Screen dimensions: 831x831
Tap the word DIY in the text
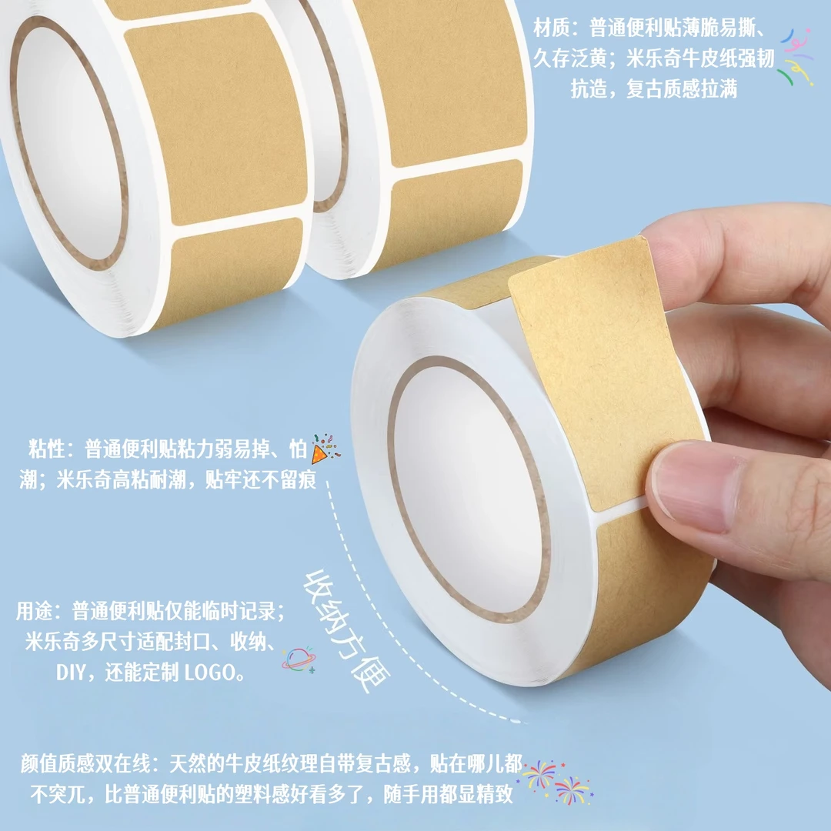point(71,672)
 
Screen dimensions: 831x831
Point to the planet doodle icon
point(299,660)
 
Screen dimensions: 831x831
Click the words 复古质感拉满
point(682,88)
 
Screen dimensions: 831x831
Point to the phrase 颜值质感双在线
point(85,764)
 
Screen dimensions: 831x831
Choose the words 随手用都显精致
point(449,794)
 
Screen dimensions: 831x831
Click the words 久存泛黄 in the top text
point(569,58)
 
